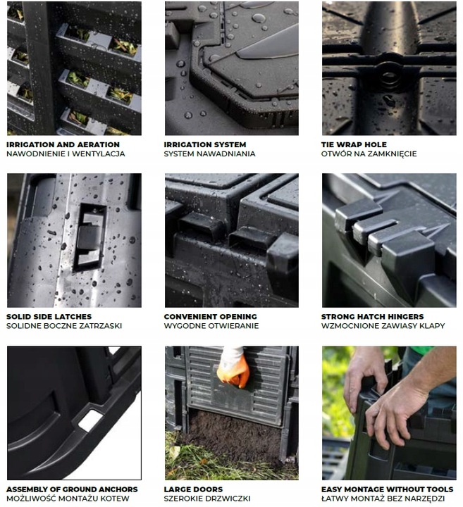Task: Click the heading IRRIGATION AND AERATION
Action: click(x=63, y=144)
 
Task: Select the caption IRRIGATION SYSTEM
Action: click(x=205, y=144)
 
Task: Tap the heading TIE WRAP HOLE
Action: click(x=354, y=144)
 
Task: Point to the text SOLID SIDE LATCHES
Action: click(x=49, y=317)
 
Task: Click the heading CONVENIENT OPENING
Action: click(x=210, y=317)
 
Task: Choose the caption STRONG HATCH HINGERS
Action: click(x=372, y=317)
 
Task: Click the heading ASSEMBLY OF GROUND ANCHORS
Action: click(x=72, y=489)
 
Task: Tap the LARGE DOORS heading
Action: click(x=194, y=489)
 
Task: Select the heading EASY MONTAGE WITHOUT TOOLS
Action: click(x=388, y=489)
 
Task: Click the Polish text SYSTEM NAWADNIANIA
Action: click(x=210, y=154)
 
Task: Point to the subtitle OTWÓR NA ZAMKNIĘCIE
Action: click(x=369, y=154)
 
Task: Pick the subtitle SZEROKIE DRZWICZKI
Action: click(x=207, y=499)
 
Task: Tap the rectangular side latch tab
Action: click(x=88, y=237)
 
